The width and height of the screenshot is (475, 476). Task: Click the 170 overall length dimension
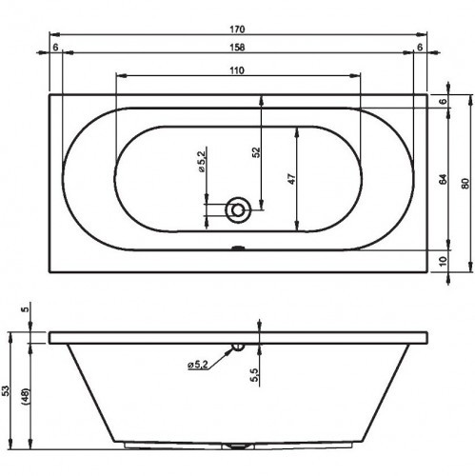238,30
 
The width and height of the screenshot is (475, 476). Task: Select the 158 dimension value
238,48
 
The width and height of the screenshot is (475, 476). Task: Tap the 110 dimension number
238,70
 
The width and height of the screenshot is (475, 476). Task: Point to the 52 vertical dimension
257,152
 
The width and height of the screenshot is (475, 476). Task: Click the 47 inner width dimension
292,179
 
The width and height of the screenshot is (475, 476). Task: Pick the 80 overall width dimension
465,184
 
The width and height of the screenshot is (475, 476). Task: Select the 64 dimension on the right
444,179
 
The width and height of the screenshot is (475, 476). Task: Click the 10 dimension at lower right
444,261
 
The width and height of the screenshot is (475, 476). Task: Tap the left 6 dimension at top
55,48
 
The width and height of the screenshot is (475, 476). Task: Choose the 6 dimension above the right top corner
420,48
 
